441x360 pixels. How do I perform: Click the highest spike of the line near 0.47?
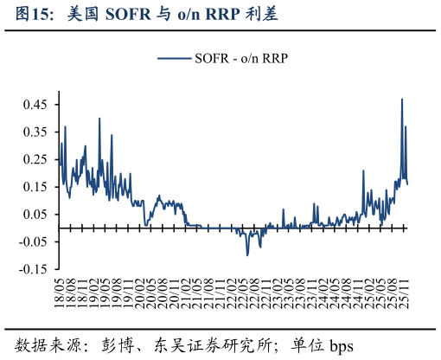[x=402, y=100]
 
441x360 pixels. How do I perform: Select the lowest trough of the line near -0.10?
[x=247, y=254]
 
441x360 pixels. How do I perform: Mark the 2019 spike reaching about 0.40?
[x=99, y=119]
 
